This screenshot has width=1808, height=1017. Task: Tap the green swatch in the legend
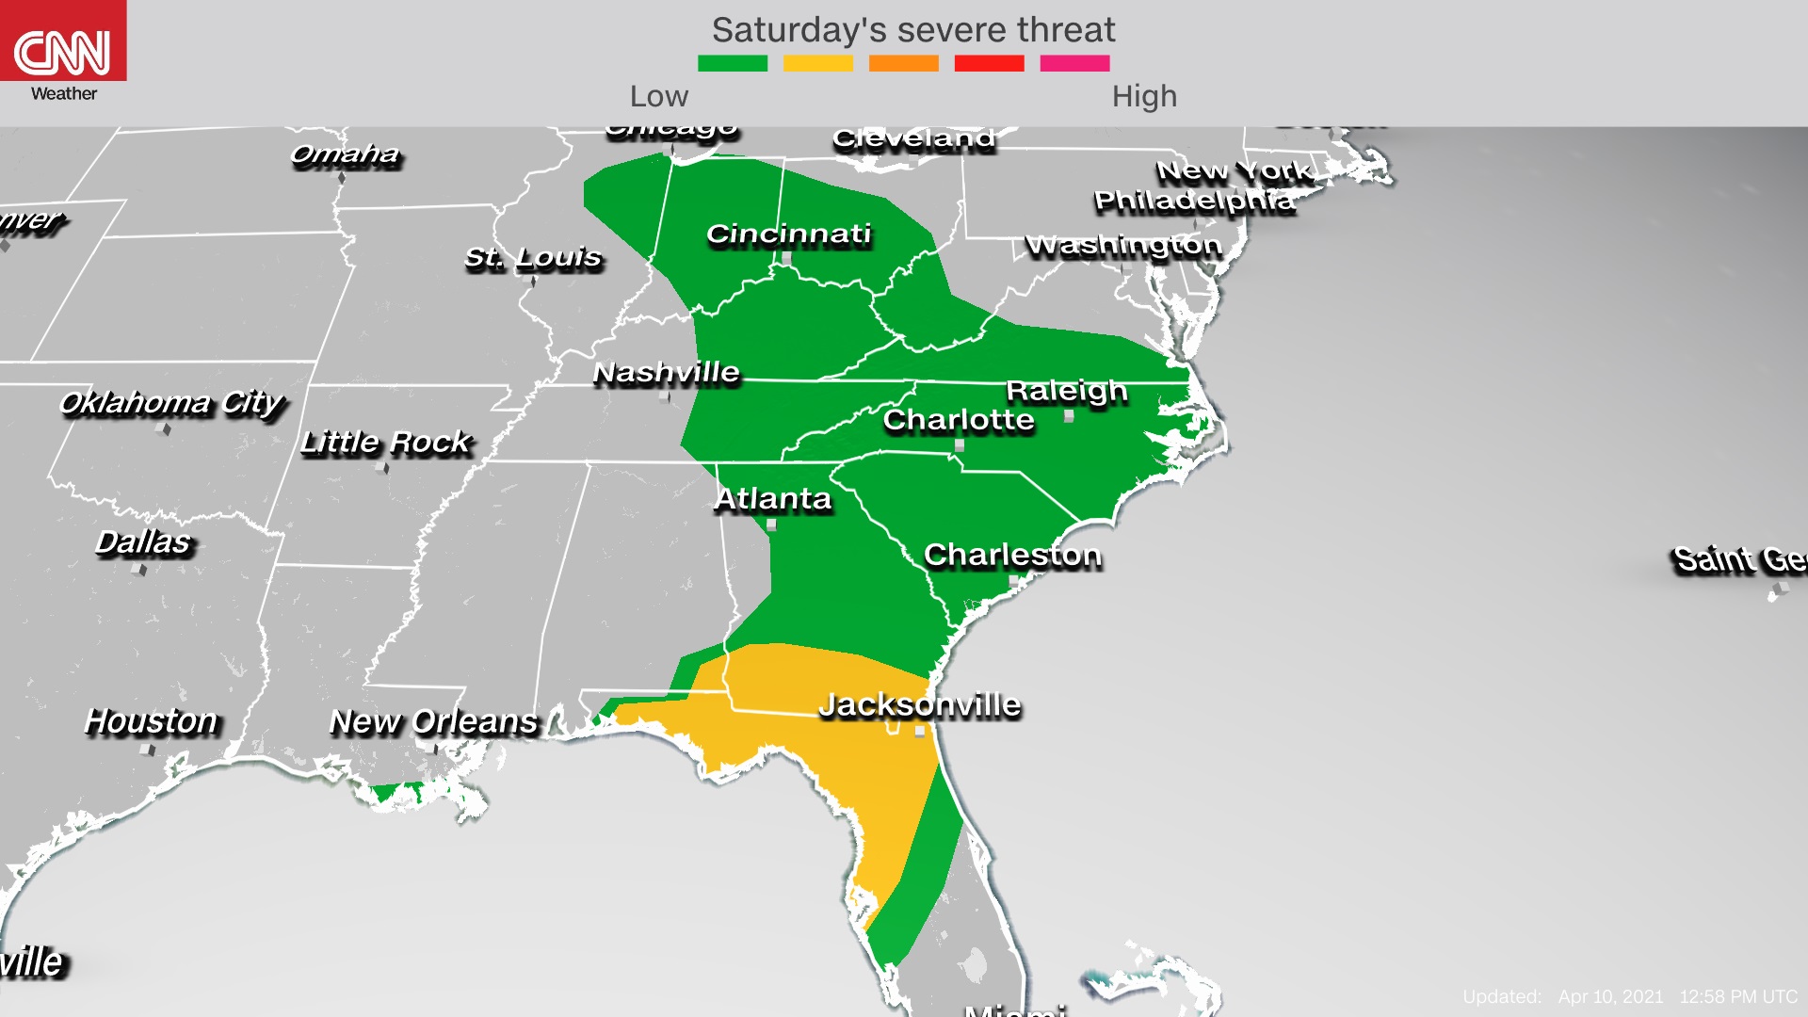coord(732,63)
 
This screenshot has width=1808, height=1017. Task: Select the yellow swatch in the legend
coord(817,63)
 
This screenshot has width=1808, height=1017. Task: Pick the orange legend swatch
coord(903,63)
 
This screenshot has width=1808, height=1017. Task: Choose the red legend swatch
coord(989,63)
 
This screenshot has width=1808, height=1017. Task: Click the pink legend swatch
coord(1074,63)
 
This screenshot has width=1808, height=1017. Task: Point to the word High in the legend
coord(1144,96)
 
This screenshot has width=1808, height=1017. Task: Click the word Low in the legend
coord(659,96)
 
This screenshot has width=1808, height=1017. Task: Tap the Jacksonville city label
coord(919,704)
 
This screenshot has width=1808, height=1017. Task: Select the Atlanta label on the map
coord(773,498)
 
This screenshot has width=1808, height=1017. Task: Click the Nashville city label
coord(666,373)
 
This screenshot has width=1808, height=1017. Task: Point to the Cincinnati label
coord(789,234)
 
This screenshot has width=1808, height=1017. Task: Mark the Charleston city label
coord(1012,555)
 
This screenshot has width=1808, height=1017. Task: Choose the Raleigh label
coord(1066,390)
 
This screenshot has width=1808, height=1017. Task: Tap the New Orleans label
coord(433,721)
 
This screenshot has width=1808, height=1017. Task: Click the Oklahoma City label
coord(170,403)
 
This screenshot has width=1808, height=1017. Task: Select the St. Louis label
coord(533,257)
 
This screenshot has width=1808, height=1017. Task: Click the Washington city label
coord(1123,245)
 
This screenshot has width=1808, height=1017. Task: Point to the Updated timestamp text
coord(1629,996)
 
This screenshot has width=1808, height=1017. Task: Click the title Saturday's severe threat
coord(912,30)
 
